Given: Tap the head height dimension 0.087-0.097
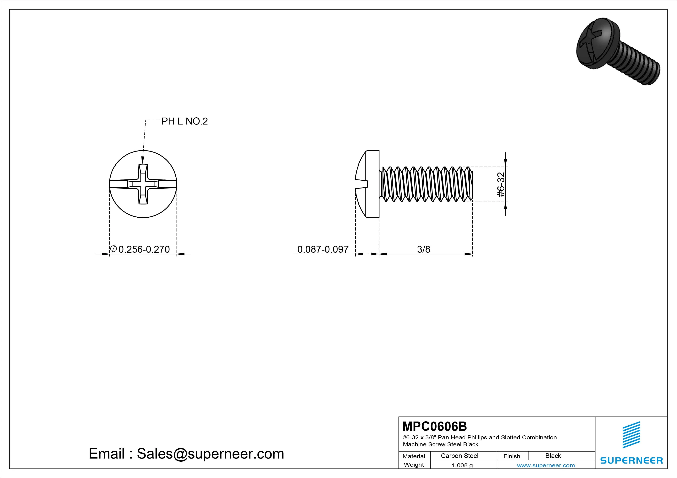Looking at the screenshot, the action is [323, 249].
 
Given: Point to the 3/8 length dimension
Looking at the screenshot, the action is [423, 249].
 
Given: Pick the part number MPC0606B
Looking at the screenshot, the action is [435, 426].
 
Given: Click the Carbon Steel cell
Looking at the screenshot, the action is [459, 456].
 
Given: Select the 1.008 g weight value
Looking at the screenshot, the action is [462, 465].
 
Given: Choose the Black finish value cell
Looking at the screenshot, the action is [553, 456].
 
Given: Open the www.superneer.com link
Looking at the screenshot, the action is [546, 465].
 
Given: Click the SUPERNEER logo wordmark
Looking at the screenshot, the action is [631, 460].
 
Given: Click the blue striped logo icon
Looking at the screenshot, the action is [631, 435].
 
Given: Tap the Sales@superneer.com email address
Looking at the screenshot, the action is [210, 454].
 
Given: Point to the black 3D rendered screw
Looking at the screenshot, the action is [618, 51].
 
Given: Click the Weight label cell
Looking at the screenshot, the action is [414, 465].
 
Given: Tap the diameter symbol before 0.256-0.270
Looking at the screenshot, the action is [113, 249].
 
